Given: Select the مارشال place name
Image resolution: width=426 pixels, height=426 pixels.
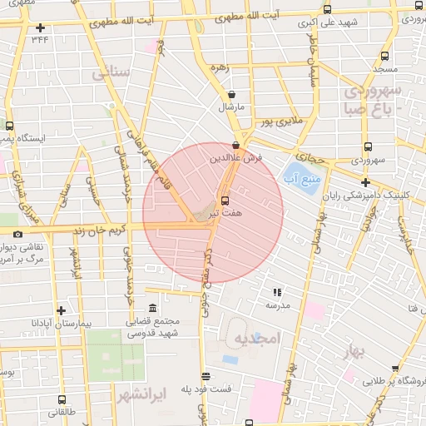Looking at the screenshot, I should point(229,108).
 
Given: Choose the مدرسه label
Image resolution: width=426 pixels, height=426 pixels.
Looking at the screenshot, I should point(276,305).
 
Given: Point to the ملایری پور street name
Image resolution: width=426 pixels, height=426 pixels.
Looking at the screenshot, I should point(275,122).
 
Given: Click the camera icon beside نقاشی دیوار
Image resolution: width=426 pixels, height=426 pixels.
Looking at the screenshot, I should point(18,235).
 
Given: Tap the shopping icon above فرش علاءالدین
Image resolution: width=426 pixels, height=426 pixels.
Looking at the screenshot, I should point(237,145).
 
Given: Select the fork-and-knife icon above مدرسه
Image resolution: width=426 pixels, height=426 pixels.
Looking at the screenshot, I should point(277,292).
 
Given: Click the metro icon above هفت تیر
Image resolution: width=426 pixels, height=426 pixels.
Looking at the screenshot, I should point(225,201).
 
